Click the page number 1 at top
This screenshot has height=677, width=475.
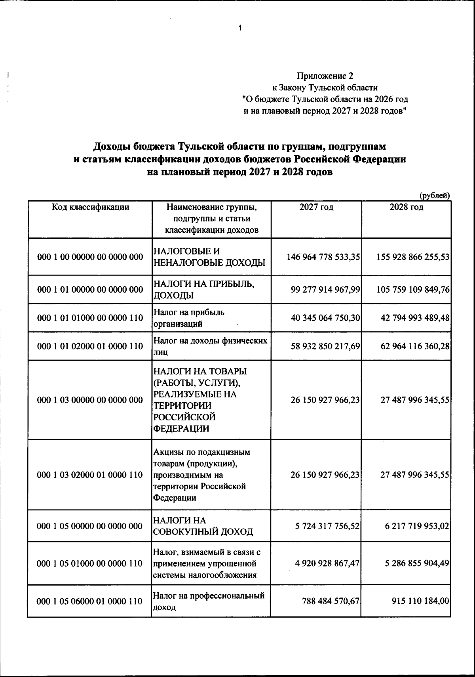[x=239, y=28]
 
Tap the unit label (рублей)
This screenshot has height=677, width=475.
[x=434, y=195]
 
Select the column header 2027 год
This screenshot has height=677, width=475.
[x=316, y=207]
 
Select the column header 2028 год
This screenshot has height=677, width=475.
[x=406, y=207]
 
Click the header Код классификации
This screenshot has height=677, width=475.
[x=90, y=207]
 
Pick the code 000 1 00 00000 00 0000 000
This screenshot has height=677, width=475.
[x=90, y=257]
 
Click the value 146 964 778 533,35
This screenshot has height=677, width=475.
[x=323, y=257]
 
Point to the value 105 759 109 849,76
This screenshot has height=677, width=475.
[x=413, y=290]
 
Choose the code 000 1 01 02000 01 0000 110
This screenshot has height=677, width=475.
[x=90, y=346]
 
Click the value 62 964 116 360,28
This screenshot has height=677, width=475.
[x=415, y=346]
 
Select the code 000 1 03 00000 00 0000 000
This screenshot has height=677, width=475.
[x=90, y=400]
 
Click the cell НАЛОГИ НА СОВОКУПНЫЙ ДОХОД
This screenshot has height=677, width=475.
[x=203, y=526]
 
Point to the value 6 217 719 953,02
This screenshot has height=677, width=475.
[x=417, y=526]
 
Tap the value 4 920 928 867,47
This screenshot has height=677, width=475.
[x=327, y=563]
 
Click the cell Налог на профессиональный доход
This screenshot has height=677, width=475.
[x=208, y=601]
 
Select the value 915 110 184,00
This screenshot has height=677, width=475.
[x=420, y=601]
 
